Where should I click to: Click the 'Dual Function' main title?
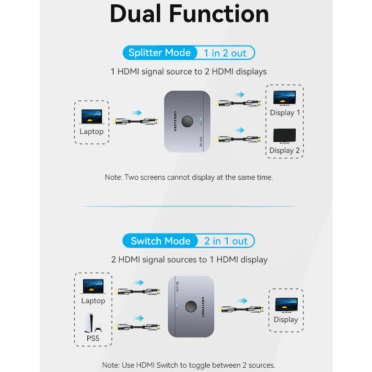point(189,14)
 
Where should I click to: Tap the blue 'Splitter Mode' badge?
point(160,53)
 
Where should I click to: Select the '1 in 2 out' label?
point(225,53)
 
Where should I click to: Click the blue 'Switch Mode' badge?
point(161,241)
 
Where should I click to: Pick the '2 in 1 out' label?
point(226,241)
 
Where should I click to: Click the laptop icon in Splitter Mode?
point(92,116)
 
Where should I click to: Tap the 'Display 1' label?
point(285,113)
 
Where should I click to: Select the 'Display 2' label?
point(284,150)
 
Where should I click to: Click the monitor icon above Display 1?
point(284,97)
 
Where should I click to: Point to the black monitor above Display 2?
point(284,135)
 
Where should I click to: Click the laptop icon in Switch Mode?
point(93,286)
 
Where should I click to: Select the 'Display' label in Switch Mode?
point(286,319)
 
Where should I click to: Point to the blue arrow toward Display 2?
point(239,130)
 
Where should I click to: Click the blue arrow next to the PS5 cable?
point(139,318)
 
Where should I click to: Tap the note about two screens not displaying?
point(189,177)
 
